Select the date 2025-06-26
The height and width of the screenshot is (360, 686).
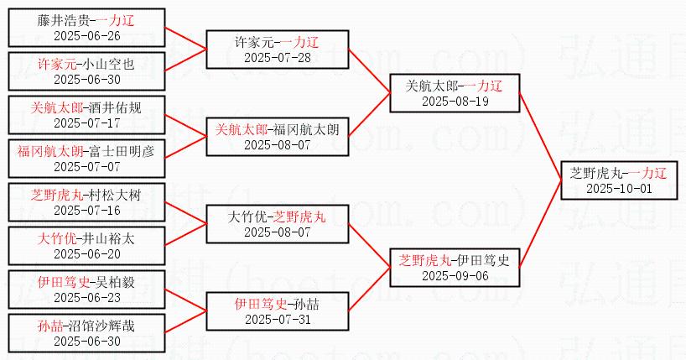[x=86, y=36]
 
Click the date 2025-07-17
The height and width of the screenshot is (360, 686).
[x=86, y=123]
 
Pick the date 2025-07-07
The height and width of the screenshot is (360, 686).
[x=86, y=167]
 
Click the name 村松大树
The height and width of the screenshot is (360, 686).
[x=114, y=196]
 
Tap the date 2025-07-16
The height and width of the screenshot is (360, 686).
[x=86, y=211]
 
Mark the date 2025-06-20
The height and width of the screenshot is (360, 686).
[x=86, y=253]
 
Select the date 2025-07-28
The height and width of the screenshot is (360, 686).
[x=278, y=58]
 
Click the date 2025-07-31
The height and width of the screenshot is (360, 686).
[x=278, y=318]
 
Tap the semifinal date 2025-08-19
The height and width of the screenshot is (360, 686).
[x=454, y=102]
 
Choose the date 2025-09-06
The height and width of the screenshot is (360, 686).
[x=454, y=275]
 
